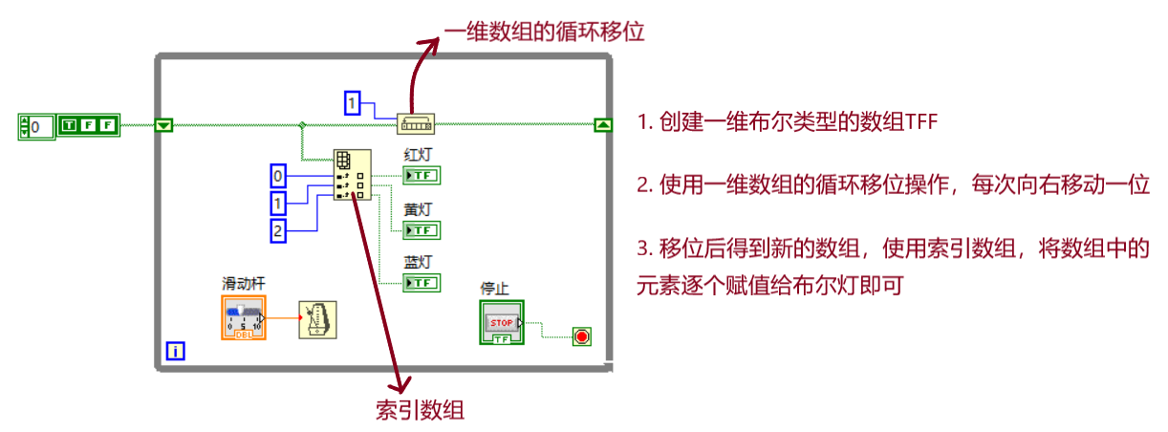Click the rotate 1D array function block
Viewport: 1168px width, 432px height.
[415, 123]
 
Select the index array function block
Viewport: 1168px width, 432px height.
[351, 175]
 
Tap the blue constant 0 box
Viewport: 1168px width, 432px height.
[278, 176]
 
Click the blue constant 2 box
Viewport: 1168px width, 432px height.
[278, 229]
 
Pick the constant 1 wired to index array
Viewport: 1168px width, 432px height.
[278, 203]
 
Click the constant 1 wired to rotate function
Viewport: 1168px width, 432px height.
[353, 102]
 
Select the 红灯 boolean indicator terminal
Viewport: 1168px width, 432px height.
[422, 176]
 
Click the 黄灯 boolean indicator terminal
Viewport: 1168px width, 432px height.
[422, 229]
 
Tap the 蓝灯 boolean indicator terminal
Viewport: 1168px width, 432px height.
[422, 283]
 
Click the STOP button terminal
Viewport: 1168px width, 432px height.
[502, 322]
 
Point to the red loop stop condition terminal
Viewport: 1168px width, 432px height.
[581, 335]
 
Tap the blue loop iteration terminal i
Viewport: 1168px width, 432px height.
[175, 352]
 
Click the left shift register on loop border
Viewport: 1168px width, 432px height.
[163, 124]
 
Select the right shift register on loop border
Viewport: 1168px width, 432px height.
[603, 124]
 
